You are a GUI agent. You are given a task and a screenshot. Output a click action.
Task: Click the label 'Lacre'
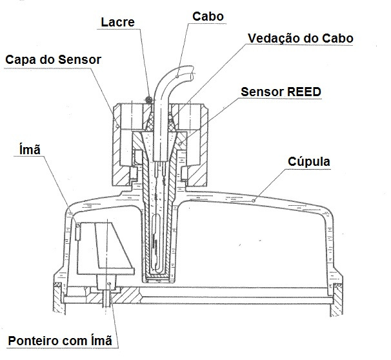pyautogui.click(x=117, y=22)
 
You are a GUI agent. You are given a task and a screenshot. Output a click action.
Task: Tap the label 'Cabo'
pyautogui.click(x=208, y=17)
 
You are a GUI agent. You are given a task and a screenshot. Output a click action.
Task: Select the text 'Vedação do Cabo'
pyautogui.click(x=301, y=39)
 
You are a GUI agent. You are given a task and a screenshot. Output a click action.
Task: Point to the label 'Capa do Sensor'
pyautogui.click(x=53, y=60)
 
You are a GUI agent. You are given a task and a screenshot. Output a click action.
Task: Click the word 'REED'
pyautogui.click(x=305, y=92)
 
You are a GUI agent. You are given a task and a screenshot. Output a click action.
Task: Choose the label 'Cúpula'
pyautogui.click(x=309, y=161)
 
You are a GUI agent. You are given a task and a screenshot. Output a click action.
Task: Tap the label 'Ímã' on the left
pyautogui.click(x=30, y=149)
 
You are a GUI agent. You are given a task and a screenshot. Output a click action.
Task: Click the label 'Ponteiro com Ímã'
pyautogui.click(x=60, y=341)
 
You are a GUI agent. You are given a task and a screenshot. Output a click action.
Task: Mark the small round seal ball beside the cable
pyautogui.click(x=149, y=99)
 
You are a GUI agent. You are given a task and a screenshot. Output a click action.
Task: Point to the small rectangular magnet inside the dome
pyautogui.click(x=78, y=232)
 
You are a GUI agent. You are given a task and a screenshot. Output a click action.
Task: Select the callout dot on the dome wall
pyautogui.click(x=254, y=201)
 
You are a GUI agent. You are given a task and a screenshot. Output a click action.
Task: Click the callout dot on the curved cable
pyautogui.click(x=177, y=77)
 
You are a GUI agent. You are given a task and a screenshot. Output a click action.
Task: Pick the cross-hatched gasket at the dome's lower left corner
pyautogui.click(x=59, y=285)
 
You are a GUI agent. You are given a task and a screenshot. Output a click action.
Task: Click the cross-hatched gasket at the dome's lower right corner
pyautogui.click(x=338, y=285)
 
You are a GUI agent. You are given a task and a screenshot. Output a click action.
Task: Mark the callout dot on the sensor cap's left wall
pyautogui.click(x=117, y=126)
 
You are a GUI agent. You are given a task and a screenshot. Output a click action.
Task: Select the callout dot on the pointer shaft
pyautogui.click(x=109, y=284)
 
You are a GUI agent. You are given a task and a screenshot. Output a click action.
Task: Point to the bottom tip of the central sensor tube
pyautogui.click(x=157, y=282)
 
